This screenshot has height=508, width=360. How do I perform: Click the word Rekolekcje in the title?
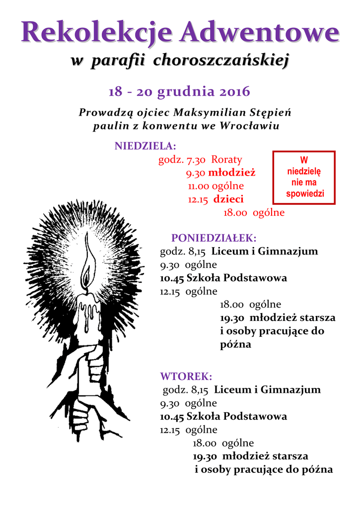(x=97, y=33)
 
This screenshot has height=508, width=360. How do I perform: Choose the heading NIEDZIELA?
(x=145, y=146)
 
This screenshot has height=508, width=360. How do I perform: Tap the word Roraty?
(x=227, y=160)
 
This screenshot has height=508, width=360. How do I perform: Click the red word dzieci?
(x=228, y=199)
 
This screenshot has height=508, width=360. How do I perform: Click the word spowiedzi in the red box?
(x=305, y=194)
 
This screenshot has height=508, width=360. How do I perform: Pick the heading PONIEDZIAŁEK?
(x=214, y=238)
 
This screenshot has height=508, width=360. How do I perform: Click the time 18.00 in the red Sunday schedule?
(x=235, y=213)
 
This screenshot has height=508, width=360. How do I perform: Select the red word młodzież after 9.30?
(x=231, y=173)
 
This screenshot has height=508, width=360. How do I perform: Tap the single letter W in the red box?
(x=304, y=160)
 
